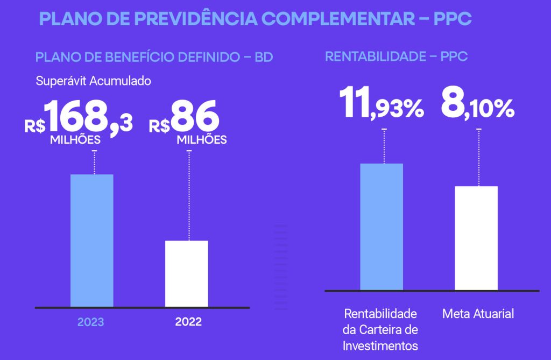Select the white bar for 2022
[187, 274]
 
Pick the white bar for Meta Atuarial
[476, 238]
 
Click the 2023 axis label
[90, 322]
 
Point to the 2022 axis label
[188, 322]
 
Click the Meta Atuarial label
[478, 314]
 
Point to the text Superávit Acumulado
[93, 81]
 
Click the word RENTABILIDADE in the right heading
[375, 57]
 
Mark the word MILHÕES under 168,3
[75, 140]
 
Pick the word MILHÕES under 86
[202, 140]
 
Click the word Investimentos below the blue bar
[380, 345]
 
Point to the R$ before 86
[159, 126]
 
